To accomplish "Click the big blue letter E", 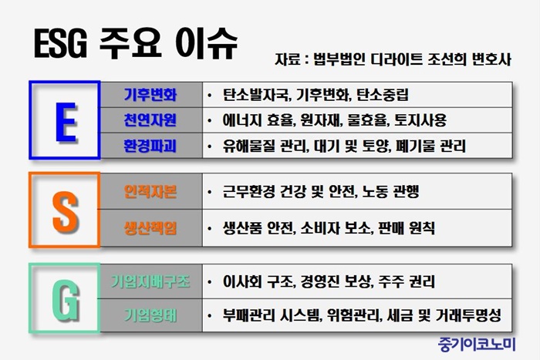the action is (x=66, y=122).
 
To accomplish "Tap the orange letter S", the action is (x=65, y=211).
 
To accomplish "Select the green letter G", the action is (x=66, y=299).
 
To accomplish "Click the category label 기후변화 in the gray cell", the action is (x=150, y=95).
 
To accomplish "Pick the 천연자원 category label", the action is (x=150, y=120).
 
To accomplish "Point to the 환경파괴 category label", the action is (x=150, y=146).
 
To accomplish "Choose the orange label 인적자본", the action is (x=150, y=191).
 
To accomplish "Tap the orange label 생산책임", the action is (x=150, y=228).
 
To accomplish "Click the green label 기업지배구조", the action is (x=150, y=281).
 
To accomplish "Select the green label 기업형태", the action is (x=150, y=315).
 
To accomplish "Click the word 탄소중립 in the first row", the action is (x=383, y=95).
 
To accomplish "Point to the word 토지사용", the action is (x=420, y=120).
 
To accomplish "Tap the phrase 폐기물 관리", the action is (x=430, y=146).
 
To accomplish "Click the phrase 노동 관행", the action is (x=390, y=191).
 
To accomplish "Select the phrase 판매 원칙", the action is (x=407, y=228).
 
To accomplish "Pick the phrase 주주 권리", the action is (x=407, y=281).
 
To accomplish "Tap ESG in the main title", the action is (x=60, y=44).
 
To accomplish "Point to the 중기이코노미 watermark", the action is (x=477, y=345).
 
